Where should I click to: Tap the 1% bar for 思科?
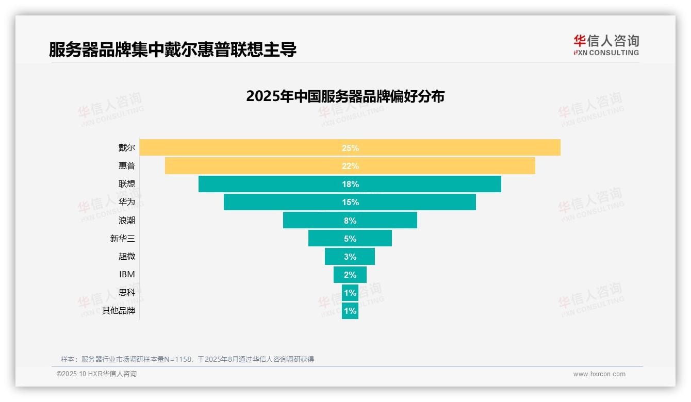pos(350,293)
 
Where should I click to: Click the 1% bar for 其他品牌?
pos(350,311)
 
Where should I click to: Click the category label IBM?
pos(127,275)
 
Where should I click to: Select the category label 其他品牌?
pos(119,311)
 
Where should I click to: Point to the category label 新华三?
pos(123,239)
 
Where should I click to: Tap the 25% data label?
pos(350,148)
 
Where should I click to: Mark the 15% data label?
pos(350,203)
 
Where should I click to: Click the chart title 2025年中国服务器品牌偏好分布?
pos(345,96)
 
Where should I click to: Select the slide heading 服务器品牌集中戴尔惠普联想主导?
pos(173,49)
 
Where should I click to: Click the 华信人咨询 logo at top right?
pos(606,45)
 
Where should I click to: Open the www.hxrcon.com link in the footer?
pos(599,374)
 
